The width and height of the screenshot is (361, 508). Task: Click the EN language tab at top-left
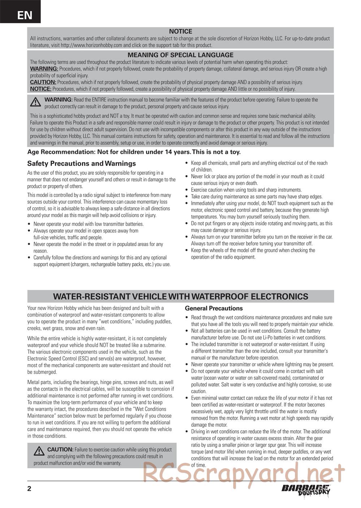25,15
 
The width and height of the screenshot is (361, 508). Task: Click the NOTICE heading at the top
180,31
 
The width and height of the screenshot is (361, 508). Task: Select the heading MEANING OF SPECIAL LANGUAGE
180,55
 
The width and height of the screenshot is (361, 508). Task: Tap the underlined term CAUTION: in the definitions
43,82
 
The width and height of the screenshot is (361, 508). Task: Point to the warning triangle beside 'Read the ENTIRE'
35,103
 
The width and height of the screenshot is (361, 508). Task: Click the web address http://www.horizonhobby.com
91,45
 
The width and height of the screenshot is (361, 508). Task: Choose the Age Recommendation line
134,152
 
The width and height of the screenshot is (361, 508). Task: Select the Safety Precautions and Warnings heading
82,163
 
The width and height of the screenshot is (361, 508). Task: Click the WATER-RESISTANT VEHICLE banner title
180,297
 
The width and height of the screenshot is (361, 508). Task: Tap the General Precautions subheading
214,308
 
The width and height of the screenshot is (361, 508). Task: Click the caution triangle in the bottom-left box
39,451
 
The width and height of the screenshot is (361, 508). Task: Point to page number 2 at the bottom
29,489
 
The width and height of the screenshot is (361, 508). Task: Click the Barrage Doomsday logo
306,490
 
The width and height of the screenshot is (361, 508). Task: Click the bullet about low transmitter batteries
88,224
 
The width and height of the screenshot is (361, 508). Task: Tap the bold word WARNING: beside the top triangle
58,100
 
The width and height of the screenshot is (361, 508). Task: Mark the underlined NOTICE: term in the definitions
40,89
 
